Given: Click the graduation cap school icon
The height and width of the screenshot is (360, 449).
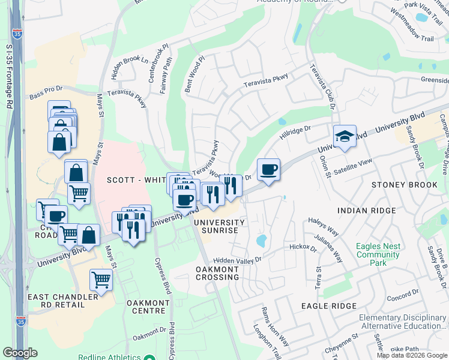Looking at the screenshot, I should pyautogui.click(x=345, y=137).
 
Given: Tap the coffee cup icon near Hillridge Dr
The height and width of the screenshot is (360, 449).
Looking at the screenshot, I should pyautogui.click(x=268, y=170).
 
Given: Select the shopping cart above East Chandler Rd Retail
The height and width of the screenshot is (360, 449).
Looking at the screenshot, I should pyautogui.click(x=101, y=280).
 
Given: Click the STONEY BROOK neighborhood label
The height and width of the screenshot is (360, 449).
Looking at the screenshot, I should pyautogui.click(x=405, y=185).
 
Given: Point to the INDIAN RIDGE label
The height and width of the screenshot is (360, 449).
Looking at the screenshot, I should pyautogui.click(x=367, y=211).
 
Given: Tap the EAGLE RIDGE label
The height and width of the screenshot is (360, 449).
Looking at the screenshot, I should pyautogui.click(x=330, y=306).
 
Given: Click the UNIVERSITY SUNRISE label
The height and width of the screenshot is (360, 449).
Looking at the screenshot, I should pyautogui.click(x=218, y=227).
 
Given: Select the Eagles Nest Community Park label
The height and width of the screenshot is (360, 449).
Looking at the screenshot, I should pyautogui.click(x=378, y=254).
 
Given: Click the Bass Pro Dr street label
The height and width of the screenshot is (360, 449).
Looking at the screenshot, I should pyautogui.click(x=46, y=96).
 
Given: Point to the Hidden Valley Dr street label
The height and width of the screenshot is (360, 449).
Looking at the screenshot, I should pyautogui.click(x=238, y=260).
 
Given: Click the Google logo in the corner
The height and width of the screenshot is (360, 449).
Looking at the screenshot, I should pyautogui.click(x=20, y=353).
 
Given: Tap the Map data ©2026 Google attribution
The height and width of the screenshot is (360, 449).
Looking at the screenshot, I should pyautogui.click(x=412, y=355).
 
